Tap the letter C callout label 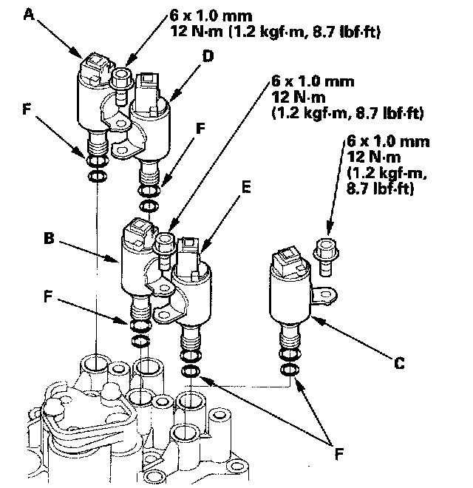point(399,363)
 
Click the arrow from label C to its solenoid point(353,339)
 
